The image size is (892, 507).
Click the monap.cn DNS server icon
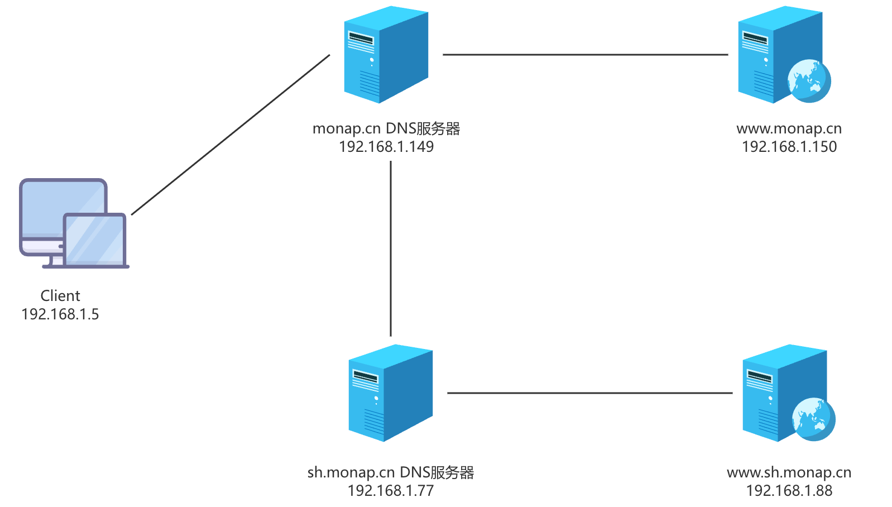[386, 55]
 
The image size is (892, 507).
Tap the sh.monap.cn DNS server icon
[390, 393]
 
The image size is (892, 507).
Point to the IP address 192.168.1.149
[386, 147]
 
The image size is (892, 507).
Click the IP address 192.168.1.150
[789, 147]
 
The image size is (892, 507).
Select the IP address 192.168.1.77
[390, 491]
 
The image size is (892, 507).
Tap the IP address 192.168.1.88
[789, 491]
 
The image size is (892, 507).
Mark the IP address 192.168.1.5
[60, 314]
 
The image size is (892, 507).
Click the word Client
[60, 296]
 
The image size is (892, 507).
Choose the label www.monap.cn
[789, 128]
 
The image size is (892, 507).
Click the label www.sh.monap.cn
[789, 472]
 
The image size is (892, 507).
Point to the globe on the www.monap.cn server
[809, 81]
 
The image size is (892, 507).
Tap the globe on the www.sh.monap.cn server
[813, 419]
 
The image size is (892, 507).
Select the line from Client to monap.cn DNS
[231, 135]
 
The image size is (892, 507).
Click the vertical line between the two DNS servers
[391, 248]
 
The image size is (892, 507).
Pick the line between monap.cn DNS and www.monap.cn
[585, 55]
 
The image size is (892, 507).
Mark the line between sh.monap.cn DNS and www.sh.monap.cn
[589, 393]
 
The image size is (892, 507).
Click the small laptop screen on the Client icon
[95, 239]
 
